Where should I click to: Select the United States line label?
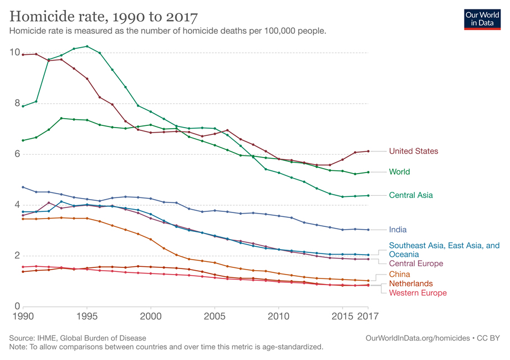pos(413,151)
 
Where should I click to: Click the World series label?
pos(399,172)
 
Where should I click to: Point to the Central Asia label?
pos(411,195)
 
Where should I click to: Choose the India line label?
pos(397,229)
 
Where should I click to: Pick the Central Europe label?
pos(416,263)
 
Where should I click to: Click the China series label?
pos(399,274)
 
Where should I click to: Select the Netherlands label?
pos(411,283)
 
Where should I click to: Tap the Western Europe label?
pos(417,293)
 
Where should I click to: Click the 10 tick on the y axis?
pos(15,53)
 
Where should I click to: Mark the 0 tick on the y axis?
pos(17,307)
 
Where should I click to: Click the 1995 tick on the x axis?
pos(86,317)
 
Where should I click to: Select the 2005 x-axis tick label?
pos(215,317)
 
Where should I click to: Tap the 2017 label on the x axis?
pos(368,317)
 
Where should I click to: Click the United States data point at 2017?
pos(368,151)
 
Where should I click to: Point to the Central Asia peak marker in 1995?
pos(86,47)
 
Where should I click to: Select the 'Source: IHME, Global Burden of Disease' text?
pos(78,338)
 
